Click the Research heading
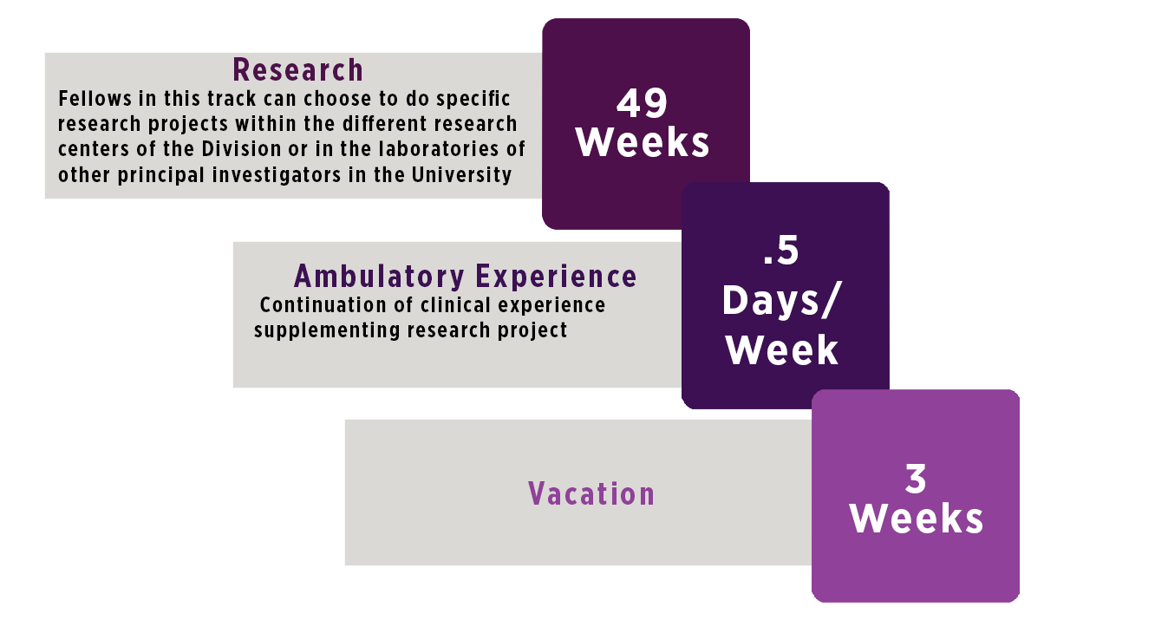coord(297,69)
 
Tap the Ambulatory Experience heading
coord(465,276)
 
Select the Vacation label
coord(591,494)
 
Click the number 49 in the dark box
coord(643,104)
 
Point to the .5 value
coord(780,251)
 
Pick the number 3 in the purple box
coord(916,479)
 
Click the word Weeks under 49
coord(643,143)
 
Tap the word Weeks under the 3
coord(916,519)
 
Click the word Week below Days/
coord(782,349)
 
